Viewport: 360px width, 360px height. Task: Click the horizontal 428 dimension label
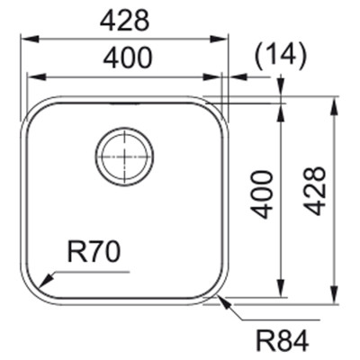pyautogui.click(x=124, y=22)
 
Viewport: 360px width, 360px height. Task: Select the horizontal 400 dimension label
pyautogui.click(x=128, y=58)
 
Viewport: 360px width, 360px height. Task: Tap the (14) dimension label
pyautogui.click(x=281, y=55)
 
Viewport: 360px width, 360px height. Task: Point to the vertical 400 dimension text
pyautogui.click(x=262, y=194)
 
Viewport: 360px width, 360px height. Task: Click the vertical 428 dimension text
pyautogui.click(x=314, y=191)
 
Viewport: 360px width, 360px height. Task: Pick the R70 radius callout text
pyautogui.click(x=94, y=252)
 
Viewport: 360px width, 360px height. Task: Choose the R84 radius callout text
pyautogui.click(x=283, y=341)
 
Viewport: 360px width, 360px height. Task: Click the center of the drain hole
pyautogui.click(x=124, y=157)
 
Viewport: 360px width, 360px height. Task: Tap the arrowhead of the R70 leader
pyautogui.click(x=46, y=280)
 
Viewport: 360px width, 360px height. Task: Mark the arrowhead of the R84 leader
pyautogui.click(x=224, y=303)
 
